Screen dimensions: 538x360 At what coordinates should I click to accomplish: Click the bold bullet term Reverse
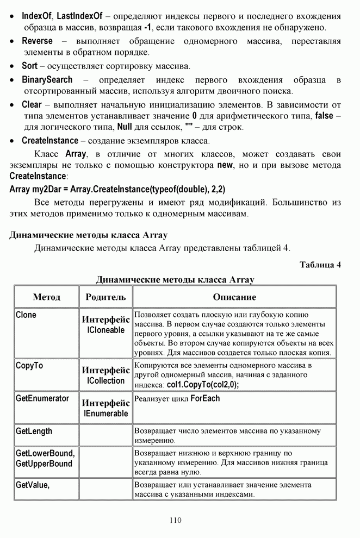(x=37, y=41)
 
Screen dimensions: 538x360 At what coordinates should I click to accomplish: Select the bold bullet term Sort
(x=29, y=66)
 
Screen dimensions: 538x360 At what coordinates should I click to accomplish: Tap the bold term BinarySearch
(x=47, y=80)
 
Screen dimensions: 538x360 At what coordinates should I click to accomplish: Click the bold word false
(x=325, y=116)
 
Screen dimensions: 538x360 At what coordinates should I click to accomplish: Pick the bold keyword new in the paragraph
(x=225, y=165)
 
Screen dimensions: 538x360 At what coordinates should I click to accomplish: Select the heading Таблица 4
(x=320, y=266)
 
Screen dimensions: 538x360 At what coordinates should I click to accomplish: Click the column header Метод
(x=46, y=297)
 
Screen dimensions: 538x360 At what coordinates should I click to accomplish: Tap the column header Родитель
(x=105, y=297)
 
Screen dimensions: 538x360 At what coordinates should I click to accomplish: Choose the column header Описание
(x=234, y=297)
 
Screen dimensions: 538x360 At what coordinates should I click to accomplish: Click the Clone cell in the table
(x=26, y=315)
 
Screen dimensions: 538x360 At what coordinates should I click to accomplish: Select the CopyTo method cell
(x=29, y=366)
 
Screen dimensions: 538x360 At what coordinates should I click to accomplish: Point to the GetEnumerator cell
(x=42, y=398)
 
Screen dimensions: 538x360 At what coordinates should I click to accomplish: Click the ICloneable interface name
(x=105, y=330)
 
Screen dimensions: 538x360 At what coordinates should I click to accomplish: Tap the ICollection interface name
(x=105, y=381)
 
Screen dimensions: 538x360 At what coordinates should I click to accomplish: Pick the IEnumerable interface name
(x=105, y=414)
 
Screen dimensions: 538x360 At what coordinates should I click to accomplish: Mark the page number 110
(x=175, y=520)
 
